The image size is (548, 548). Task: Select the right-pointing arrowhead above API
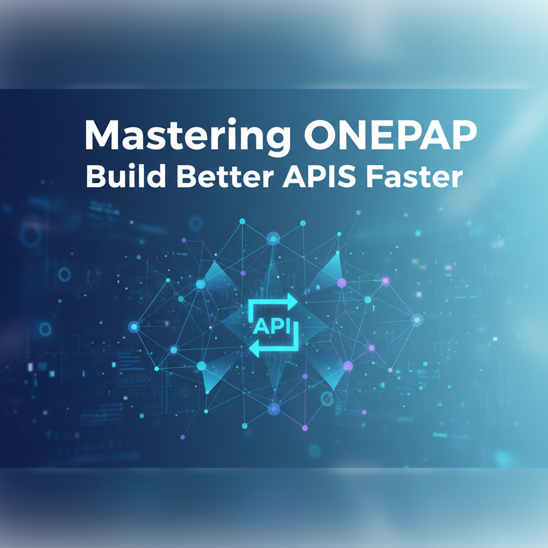(x=292, y=301)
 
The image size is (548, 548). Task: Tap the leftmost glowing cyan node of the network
(x=133, y=326)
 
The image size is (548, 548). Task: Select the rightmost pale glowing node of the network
(x=417, y=319)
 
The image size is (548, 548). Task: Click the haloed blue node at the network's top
(x=273, y=239)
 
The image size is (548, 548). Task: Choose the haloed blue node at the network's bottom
(x=273, y=409)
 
